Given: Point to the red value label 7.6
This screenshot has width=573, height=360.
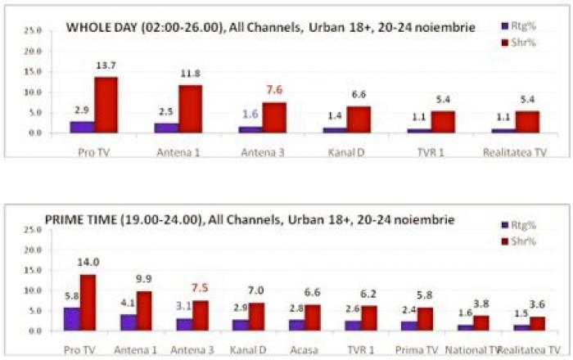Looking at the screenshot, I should pos(274,89).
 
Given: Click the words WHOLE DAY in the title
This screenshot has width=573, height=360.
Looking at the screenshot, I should pos(102,27).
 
